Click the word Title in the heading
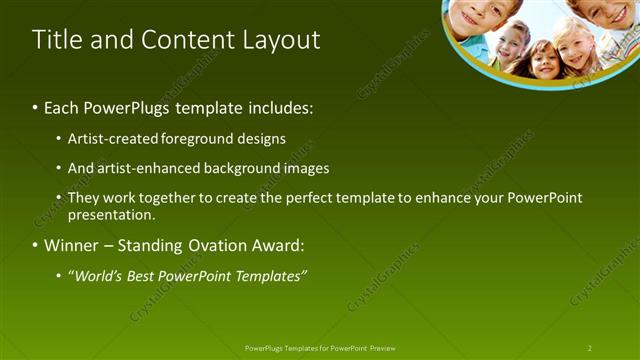56,40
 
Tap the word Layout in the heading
279,40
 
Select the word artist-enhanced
145,169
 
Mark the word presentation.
112,215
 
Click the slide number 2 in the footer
590,348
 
